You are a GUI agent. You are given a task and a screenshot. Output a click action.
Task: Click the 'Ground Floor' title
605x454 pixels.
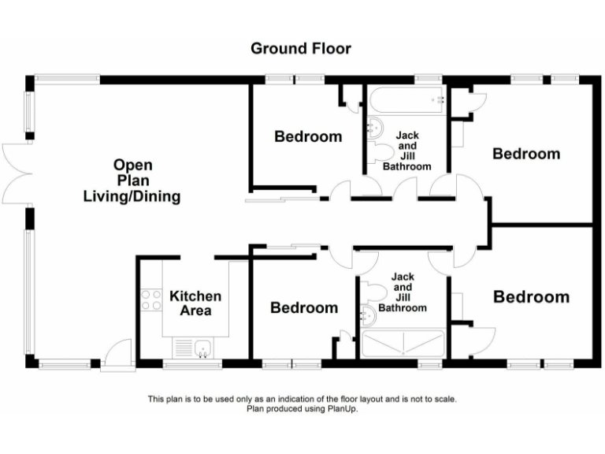coord(301,49)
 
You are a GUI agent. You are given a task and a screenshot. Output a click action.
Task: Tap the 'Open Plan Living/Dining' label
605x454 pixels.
coord(132,181)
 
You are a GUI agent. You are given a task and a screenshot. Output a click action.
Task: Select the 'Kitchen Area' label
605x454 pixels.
coord(195,303)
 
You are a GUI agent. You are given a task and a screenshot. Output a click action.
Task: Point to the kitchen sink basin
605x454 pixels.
coord(202,348)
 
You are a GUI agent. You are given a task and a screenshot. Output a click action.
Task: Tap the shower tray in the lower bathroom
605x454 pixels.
coord(403,344)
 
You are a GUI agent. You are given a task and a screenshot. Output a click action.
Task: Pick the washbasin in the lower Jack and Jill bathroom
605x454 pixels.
coord(368,314)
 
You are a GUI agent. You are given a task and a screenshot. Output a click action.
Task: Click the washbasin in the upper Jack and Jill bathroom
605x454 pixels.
coord(374,127)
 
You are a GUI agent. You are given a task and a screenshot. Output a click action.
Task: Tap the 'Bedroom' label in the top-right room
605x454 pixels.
coord(525,154)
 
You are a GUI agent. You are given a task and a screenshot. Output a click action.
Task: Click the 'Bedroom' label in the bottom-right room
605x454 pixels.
coord(531,297)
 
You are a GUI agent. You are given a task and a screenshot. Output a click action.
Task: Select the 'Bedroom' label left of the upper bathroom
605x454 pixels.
coord(308,136)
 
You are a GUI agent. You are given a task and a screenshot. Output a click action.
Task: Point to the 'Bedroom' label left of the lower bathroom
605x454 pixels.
coord(304,307)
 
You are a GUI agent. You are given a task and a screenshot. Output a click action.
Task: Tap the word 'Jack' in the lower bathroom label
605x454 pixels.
coord(403,277)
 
